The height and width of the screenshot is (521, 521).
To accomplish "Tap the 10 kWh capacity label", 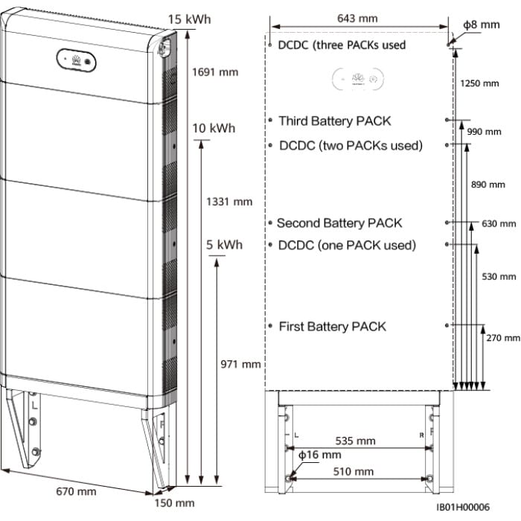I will click(x=213, y=128).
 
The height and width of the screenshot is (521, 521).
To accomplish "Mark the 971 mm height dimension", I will click(x=241, y=364).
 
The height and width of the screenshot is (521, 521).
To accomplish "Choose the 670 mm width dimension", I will click(x=76, y=491).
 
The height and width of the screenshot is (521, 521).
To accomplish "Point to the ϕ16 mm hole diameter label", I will click(x=319, y=454).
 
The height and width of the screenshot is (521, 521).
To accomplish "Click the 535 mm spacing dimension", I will click(x=356, y=441).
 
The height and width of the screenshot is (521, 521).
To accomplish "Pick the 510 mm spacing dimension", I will click(x=354, y=471).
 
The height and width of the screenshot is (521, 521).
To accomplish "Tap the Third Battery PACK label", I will click(x=334, y=121).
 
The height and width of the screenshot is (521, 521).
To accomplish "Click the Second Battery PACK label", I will click(x=339, y=223).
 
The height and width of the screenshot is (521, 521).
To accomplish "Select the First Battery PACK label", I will click(x=332, y=326).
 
